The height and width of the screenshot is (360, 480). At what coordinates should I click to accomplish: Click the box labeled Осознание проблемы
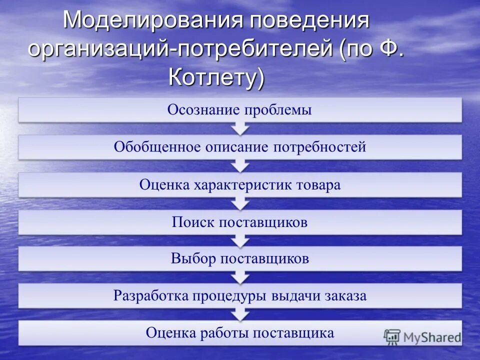[240, 109]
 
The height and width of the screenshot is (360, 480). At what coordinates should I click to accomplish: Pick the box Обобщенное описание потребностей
[240, 147]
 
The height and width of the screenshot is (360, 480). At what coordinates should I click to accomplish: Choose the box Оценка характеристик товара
[240, 184]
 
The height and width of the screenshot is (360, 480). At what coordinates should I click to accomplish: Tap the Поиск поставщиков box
[240, 222]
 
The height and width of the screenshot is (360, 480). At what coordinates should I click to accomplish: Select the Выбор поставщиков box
[240, 258]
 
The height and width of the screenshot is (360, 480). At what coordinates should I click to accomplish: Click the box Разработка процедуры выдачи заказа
[240, 295]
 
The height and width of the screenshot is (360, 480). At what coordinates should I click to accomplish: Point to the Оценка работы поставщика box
[240, 333]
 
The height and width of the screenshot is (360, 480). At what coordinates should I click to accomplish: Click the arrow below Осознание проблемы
[240, 128]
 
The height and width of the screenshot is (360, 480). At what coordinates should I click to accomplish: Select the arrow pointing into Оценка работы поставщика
[240, 314]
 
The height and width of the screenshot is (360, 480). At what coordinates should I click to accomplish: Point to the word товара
[317, 185]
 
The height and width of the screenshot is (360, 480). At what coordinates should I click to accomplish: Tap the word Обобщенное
[157, 147]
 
